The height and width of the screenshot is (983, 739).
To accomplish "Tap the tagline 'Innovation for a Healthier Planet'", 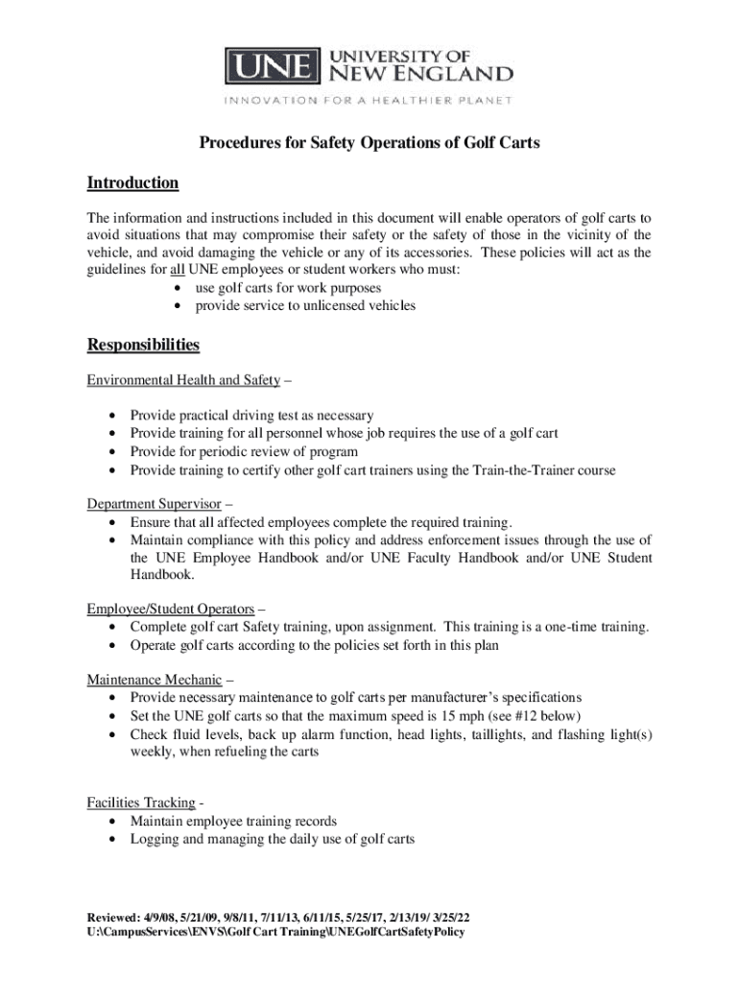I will (369, 101).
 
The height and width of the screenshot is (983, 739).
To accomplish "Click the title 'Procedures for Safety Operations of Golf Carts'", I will (369, 143).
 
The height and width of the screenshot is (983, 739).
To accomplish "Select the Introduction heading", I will (133, 182).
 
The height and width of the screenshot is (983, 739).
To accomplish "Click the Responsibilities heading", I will (144, 345).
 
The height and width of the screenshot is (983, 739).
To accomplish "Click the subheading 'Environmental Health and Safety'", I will (183, 380).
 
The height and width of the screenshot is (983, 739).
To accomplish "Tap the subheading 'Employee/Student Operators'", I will (171, 609).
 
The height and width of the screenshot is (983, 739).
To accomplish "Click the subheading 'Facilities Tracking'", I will (142, 802).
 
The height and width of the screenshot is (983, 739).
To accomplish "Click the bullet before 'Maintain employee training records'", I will (114, 822).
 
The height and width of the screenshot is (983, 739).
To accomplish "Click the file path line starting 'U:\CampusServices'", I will (276, 931).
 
